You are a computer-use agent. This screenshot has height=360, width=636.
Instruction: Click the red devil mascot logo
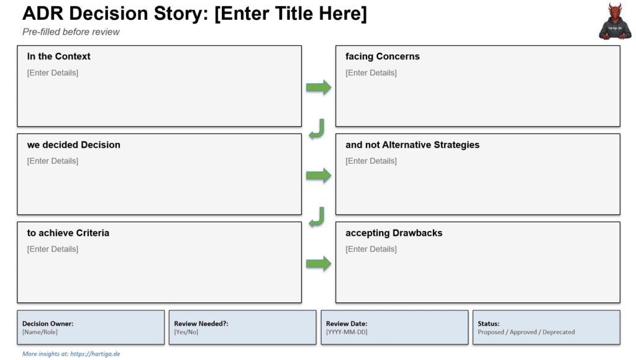point(613,21)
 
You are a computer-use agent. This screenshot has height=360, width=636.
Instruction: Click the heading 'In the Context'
point(58,56)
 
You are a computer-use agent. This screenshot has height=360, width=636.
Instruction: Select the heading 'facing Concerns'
point(382,56)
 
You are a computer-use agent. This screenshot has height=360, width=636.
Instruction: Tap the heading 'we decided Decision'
point(73,145)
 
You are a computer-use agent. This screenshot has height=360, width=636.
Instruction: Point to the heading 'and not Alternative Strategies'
point(412,145)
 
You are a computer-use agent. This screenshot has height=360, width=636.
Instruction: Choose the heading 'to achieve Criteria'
point(68,233)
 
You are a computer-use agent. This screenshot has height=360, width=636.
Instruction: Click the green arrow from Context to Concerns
point(319,88)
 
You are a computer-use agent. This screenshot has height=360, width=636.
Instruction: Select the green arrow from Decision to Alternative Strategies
point(319,176)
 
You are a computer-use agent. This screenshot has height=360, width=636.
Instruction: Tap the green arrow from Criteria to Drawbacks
point(319,264)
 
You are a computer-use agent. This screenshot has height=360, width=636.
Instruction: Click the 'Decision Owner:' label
point(48,323)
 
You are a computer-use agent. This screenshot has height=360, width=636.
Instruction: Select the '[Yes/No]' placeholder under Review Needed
point(186,332)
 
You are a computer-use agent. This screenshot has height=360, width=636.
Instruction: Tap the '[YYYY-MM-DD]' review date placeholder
point(347,332)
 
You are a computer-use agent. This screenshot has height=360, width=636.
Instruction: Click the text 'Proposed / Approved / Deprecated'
point(526,332)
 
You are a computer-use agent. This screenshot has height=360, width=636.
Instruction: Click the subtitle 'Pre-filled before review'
point(71,32)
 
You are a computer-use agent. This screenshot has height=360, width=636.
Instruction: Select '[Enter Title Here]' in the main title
point(290,14)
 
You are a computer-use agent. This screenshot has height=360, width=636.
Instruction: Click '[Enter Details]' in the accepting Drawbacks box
point(371,249)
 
